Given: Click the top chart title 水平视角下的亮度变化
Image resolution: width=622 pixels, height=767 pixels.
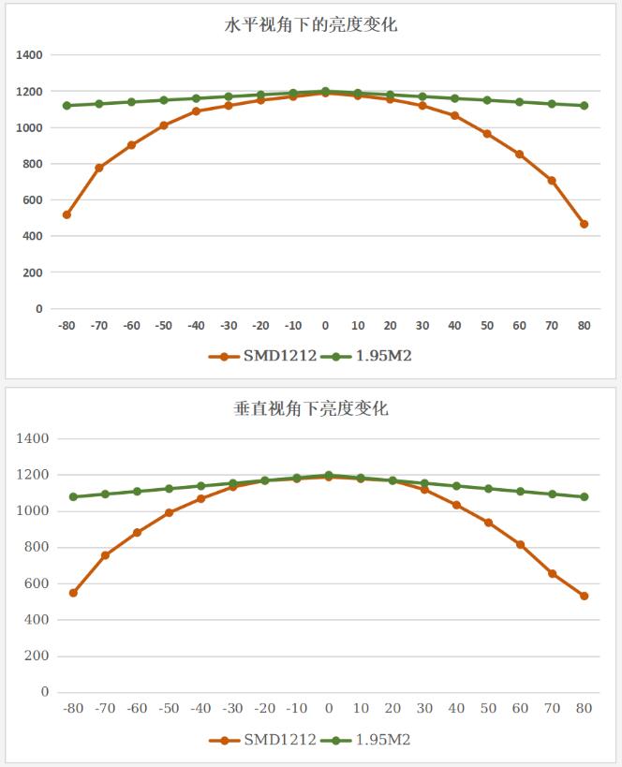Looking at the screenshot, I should (311, 25).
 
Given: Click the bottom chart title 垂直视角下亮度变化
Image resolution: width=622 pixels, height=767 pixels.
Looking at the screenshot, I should (311, 408).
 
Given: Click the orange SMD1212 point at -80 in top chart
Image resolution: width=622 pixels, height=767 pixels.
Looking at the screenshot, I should (67, 214).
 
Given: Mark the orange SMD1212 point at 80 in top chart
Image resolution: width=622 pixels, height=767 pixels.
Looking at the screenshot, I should (584, 224).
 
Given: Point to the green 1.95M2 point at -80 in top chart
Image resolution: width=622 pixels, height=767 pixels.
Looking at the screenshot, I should (67, 106).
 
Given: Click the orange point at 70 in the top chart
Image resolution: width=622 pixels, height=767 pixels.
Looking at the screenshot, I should (552, 181).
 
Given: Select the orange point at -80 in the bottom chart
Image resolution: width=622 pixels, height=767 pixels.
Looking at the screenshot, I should (73, 593).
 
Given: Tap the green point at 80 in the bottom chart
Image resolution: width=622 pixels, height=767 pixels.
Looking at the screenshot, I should (585, 497).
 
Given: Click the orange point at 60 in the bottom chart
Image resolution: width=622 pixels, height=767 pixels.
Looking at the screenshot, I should (521, 545).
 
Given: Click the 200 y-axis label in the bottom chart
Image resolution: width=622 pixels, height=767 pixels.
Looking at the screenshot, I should (38, 656).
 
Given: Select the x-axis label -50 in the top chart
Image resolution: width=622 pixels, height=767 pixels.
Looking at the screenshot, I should (163, 326).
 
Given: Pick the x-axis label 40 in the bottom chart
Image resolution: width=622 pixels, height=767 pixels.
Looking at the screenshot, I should (456, 709).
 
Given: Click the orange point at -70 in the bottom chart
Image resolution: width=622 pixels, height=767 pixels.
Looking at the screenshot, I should (105, 555).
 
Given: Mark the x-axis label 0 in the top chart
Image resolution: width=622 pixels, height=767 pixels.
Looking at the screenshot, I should (325, 326).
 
